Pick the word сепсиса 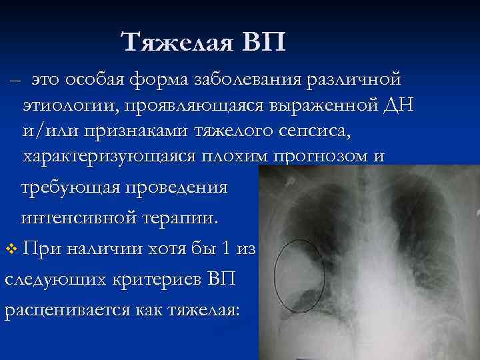pyautogui.click(x=299, y=131)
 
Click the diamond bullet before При pyautogui.click(x=10, y=249)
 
